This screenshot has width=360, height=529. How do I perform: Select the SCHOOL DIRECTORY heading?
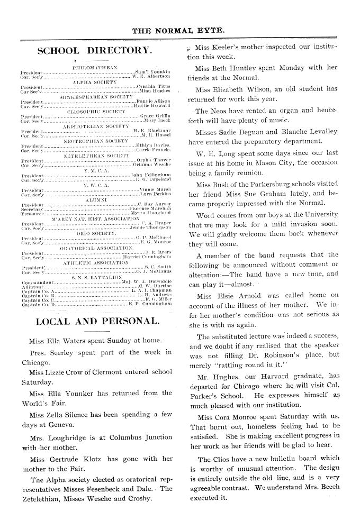click(95, 51)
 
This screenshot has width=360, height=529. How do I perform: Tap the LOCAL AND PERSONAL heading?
click(97, 321)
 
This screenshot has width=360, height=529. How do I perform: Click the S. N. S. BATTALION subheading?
click(96, 277)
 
